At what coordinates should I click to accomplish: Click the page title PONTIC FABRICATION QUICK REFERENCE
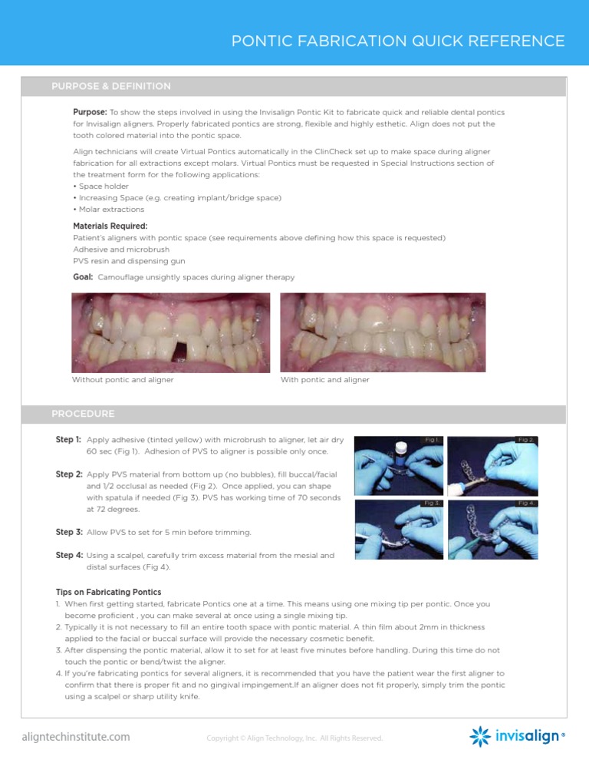tap(398, 41)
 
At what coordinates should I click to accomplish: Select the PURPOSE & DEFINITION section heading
tap(111, 86)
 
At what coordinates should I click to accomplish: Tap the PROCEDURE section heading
tap(83, 414)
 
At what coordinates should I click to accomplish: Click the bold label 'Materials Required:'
tap(104, 226)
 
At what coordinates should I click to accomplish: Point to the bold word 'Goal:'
tap(83, 276)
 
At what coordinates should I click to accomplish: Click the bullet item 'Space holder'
tap(99, 186)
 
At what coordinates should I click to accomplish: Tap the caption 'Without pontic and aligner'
tap(123, 380)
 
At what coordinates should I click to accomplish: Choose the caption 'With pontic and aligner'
tap(325, 380)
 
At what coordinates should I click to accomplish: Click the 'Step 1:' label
tap(68, 440)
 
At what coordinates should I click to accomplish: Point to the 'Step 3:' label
tap(68, 532)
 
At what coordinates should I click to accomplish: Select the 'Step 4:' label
tap(68, 554)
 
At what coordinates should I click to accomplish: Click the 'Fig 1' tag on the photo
tap(430, 440)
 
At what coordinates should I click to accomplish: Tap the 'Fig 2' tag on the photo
tap(525, 440)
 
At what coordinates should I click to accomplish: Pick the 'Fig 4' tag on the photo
tap(525, 502)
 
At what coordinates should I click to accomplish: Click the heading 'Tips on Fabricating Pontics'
tap(108, 592)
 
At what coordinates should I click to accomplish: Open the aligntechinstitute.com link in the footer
tap(75, 738)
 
